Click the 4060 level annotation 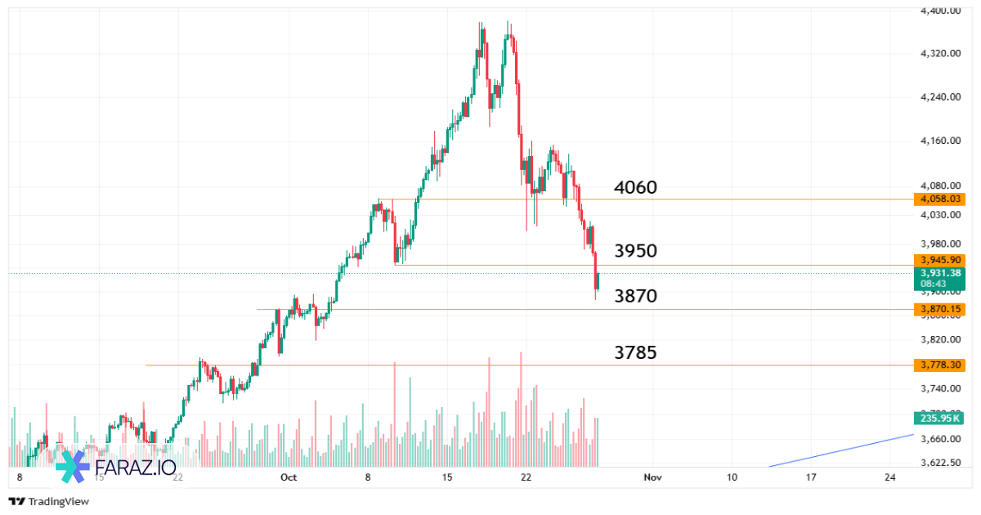[635, 188]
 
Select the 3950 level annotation [635, 251]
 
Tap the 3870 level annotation [635, 296]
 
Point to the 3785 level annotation [635, 352]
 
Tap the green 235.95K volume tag [939, 418]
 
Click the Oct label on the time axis [287, 477]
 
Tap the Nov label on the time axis [652, 477]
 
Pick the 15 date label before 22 [446, 477]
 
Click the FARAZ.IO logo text [135, 467]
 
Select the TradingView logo [48, 501]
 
